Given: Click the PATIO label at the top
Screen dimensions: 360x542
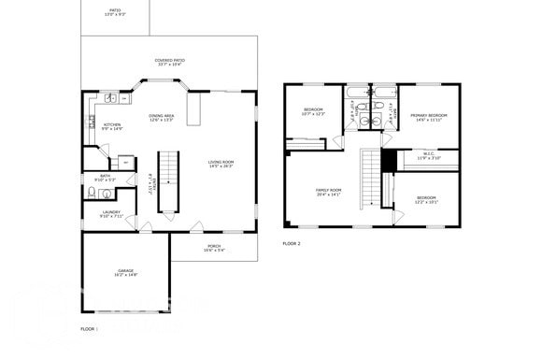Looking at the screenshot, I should [x=115, y=12].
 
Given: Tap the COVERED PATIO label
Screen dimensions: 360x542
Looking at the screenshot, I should [x=169, y=62].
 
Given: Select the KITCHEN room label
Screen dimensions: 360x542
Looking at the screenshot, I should [x=112, y=126].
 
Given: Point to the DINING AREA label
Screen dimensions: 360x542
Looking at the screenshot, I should [x=162, y=118].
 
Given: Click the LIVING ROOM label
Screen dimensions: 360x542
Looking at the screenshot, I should [x=221, y=164].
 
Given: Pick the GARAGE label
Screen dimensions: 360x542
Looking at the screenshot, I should [x=126, y=272].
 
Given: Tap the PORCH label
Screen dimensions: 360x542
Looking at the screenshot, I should [x=214, y=248].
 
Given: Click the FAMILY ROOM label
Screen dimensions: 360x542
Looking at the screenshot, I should [x=328, y=193].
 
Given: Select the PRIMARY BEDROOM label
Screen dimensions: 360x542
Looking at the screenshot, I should [x=428, y=117].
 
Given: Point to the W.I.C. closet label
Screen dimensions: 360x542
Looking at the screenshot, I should [x=428, y=156].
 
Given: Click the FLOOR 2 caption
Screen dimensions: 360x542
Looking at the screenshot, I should [x=292, y=243].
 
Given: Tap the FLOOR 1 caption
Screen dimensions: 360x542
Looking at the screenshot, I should [x=90, y=329].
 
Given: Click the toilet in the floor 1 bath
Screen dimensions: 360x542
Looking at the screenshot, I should [x=93, y=193].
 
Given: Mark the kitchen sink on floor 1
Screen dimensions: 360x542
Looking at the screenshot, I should [x=109, y=97].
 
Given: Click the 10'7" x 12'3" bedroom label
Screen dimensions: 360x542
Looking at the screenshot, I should [x=313, y=112].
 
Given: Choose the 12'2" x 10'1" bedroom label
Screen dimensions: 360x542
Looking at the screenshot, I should [x=426, y=199].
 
